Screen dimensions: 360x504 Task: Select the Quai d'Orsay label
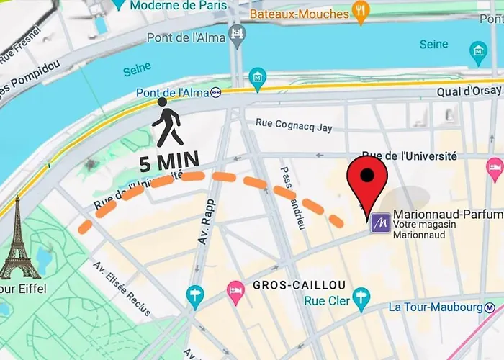[x=467, y=92]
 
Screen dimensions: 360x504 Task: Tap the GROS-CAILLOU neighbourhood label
[x=300, y=286]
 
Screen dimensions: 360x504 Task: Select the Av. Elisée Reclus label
[x=120, y=288]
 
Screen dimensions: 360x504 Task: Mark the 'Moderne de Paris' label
[x=179, y=5]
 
